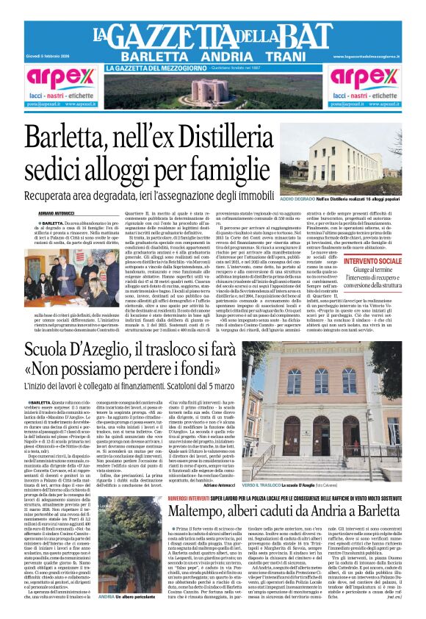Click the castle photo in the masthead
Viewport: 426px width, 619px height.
click(x=213, y=91)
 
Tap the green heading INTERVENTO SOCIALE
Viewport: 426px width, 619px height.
click(x=372, y=260)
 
